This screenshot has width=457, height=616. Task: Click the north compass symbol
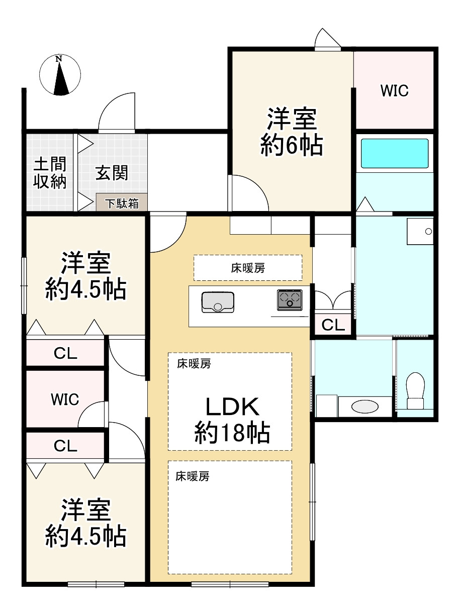click(60, 75)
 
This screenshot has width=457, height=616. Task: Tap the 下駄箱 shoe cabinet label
click(122, 203)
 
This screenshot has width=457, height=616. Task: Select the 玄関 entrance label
click(112, 173)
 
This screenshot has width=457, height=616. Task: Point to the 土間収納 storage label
click(50, 173)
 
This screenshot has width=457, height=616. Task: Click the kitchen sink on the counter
click(218, 301)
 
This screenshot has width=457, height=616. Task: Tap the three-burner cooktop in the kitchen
click(290, 300)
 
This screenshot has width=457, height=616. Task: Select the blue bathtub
click(395, 153)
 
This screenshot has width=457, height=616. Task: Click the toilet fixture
click(415, 390)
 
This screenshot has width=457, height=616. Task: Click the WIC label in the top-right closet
click(394, 91)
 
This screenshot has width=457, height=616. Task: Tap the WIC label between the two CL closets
click(65, 400)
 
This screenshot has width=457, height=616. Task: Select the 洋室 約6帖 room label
click(291, 132)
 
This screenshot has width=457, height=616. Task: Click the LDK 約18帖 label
click(232, 420)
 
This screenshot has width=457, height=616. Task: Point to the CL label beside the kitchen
click(333, 325)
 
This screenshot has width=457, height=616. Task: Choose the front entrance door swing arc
click(117, 112)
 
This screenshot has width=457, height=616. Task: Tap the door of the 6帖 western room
click(249, 193)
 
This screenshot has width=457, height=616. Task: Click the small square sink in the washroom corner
click(420, 231)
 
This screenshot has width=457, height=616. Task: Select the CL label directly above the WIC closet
click(65, 354)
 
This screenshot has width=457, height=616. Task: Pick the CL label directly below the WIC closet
click(65, 446)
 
